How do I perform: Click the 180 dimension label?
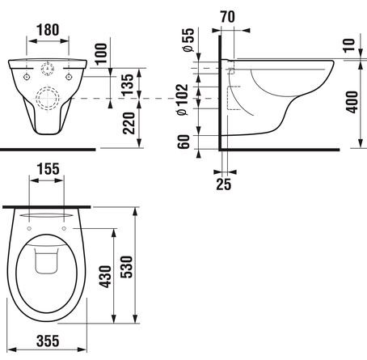[x=48, y=30]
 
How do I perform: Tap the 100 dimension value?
[x=102, y=53]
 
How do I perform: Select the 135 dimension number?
[x=128, y=85]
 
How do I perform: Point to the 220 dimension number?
[x=129, y=123]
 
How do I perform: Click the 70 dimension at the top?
[x=228, y=17]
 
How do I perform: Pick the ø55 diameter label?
[x=188, y=40]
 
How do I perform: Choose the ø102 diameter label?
[x=183, y=100]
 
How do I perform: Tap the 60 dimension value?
[x=183, y=142]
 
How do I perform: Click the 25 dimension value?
[x=224, y=184]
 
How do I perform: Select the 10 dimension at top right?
[x=349, y=45]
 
